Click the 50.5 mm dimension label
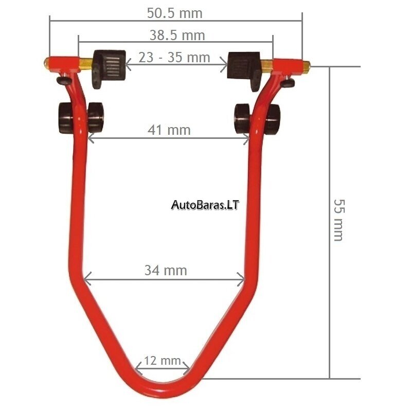tap(175, 13)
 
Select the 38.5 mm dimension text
tap(177, 35)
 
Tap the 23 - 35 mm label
tap(174, 57)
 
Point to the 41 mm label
tap(169, 130)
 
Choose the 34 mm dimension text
tap(166, 270)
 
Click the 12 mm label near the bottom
tap(163, 361)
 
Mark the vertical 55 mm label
tap(340, 220)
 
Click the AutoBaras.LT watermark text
tap(205, 205)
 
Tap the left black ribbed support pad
tap(109, 67)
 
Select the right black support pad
tap(244, 69)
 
